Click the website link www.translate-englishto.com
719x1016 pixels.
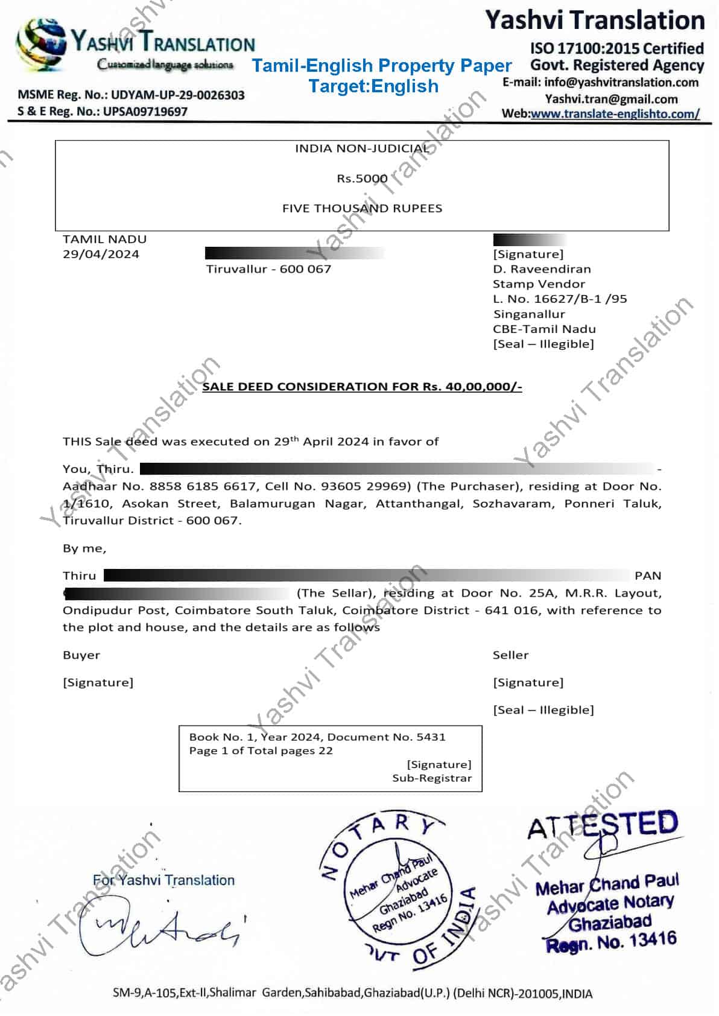click(615, 113)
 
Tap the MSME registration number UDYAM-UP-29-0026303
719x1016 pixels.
click(177, 95)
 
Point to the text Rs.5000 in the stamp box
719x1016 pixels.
click(362, 179)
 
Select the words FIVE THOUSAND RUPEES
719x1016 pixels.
click(362, 208)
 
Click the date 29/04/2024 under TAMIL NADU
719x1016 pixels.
click(101, 254)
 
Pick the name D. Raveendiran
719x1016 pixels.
click(542, 269)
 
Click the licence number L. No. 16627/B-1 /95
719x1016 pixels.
click(560, 299)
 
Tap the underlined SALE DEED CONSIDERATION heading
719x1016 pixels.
click(362, 387)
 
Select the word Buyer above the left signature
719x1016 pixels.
click(81, 655)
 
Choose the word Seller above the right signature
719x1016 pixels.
click(510, 655)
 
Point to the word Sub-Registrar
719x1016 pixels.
click(432, 778)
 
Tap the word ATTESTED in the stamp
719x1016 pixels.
click(603, 825)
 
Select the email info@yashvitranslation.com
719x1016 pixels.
click(621, 83)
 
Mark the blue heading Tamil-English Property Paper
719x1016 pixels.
click(381, 65)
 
